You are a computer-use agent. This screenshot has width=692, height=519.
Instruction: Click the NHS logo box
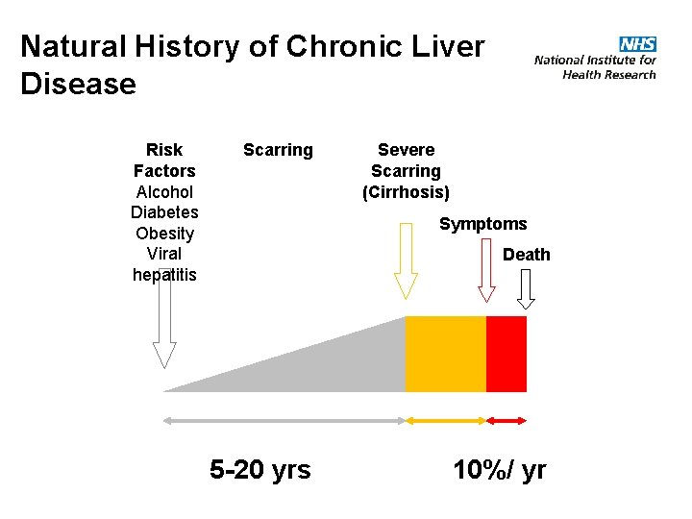point(637,44)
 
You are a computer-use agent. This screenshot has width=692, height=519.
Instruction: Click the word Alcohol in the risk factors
point(164,191)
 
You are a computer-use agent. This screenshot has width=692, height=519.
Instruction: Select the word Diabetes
point(164,212)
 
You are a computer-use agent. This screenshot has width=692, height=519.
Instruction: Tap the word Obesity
point(164,234)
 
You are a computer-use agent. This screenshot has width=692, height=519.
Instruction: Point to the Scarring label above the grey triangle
point(278,150)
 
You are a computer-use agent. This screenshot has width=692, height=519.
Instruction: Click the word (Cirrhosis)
point(406,192)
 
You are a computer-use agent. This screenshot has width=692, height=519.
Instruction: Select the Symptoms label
point(482,224)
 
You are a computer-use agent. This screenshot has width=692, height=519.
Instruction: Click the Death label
point(527,255)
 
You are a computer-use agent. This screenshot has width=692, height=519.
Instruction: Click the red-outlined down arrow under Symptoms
point(486,279)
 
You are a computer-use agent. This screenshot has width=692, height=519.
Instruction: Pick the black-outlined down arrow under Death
point(526,286)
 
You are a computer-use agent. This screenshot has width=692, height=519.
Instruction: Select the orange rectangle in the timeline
point(446,354)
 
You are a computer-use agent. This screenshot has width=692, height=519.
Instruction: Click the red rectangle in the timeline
point(507,354)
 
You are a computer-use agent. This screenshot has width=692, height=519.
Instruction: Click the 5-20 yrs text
point(260,469)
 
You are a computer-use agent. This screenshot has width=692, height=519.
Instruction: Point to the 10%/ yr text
point(500,469)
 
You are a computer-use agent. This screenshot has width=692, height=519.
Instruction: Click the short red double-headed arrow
point(507,420)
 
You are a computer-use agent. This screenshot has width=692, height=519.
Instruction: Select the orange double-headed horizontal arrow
point(446,420)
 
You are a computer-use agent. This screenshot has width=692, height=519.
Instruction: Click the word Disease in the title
point(78,85)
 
